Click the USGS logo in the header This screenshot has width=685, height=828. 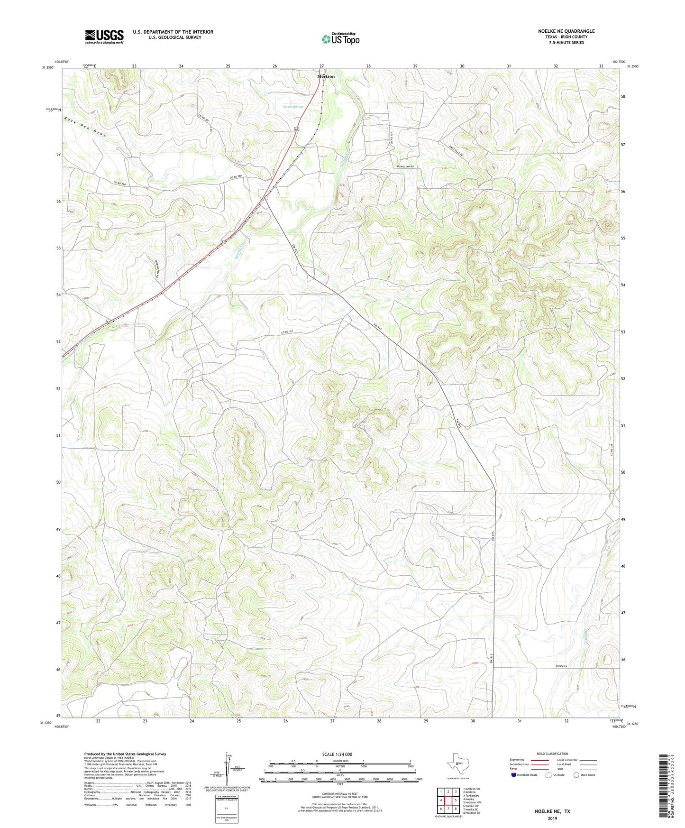click(x=104, y=37)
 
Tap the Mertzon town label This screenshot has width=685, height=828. click(x=326, y=76)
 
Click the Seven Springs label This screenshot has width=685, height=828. click(x=293, y=107)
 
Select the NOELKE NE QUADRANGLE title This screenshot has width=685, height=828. click(x=566, y=31)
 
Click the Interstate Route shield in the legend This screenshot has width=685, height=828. click(x=514, y=775)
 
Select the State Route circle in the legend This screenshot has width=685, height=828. click(x=576, y=775)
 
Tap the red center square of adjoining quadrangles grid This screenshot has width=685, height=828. click(x=448, y=800)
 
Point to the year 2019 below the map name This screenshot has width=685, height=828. click(x=552, y=818)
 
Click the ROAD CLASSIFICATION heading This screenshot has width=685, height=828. click(x=552, y=754)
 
